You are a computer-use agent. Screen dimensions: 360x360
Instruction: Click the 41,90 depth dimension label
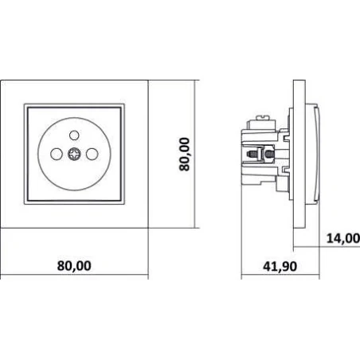[280, 266]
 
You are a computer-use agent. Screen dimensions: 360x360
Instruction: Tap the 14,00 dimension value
[343, 238]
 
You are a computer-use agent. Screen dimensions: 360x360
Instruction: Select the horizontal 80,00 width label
[74, 266]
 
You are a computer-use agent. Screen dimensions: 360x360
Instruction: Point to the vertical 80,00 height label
[185, 155]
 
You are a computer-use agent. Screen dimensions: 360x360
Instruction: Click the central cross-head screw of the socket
[74, 154]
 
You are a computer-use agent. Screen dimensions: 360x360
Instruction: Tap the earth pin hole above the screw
[74, 135]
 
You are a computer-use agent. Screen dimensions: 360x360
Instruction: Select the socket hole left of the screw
[57, 154]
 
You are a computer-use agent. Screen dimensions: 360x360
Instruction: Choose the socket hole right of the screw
[92, 154]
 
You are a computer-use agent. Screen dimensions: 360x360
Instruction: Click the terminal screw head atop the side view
[262, 117]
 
